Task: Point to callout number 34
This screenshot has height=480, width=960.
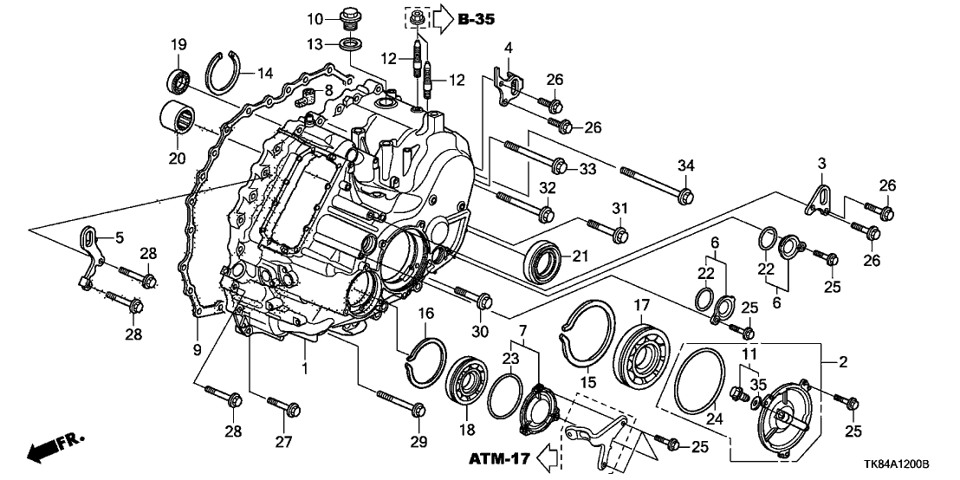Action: point(685,166)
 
